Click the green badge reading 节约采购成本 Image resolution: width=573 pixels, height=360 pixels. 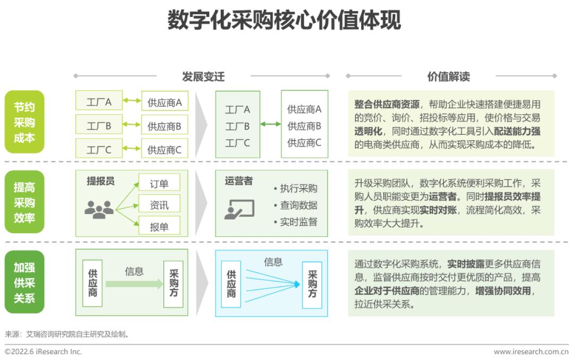click(x=24, y=122)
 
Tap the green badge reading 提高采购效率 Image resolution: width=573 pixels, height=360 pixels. click(x=24, y=202)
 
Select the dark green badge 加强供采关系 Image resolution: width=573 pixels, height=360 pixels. click(x=24, y=282)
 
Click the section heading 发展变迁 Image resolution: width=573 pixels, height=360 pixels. click(x=203, y=76)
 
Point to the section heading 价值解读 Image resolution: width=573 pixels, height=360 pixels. click(x=448, y=76)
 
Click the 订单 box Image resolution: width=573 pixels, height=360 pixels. click(x=159, y=182)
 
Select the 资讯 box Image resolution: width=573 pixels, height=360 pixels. click(x=159, y=204)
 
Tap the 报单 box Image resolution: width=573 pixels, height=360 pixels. click(x=159, y=226)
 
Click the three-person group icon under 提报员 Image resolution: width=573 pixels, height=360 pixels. click(x=99, y=210)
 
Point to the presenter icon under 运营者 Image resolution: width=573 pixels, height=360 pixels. click(x=239, y=209)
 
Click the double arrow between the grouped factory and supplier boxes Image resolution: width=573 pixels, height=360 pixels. click(x=271, y=124)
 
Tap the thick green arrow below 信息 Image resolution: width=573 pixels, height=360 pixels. click(x=134, y=284)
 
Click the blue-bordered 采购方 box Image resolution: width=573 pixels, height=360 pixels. click(x=312, y=285)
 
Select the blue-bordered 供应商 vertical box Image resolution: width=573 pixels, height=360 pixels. click(x=231, y=284)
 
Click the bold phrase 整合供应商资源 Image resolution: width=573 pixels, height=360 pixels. click(x=387, y=104)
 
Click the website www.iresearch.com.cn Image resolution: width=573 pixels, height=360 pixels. click(x=531, y=352)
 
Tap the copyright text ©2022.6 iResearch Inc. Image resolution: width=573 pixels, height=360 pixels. click(x=43, y=352)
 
